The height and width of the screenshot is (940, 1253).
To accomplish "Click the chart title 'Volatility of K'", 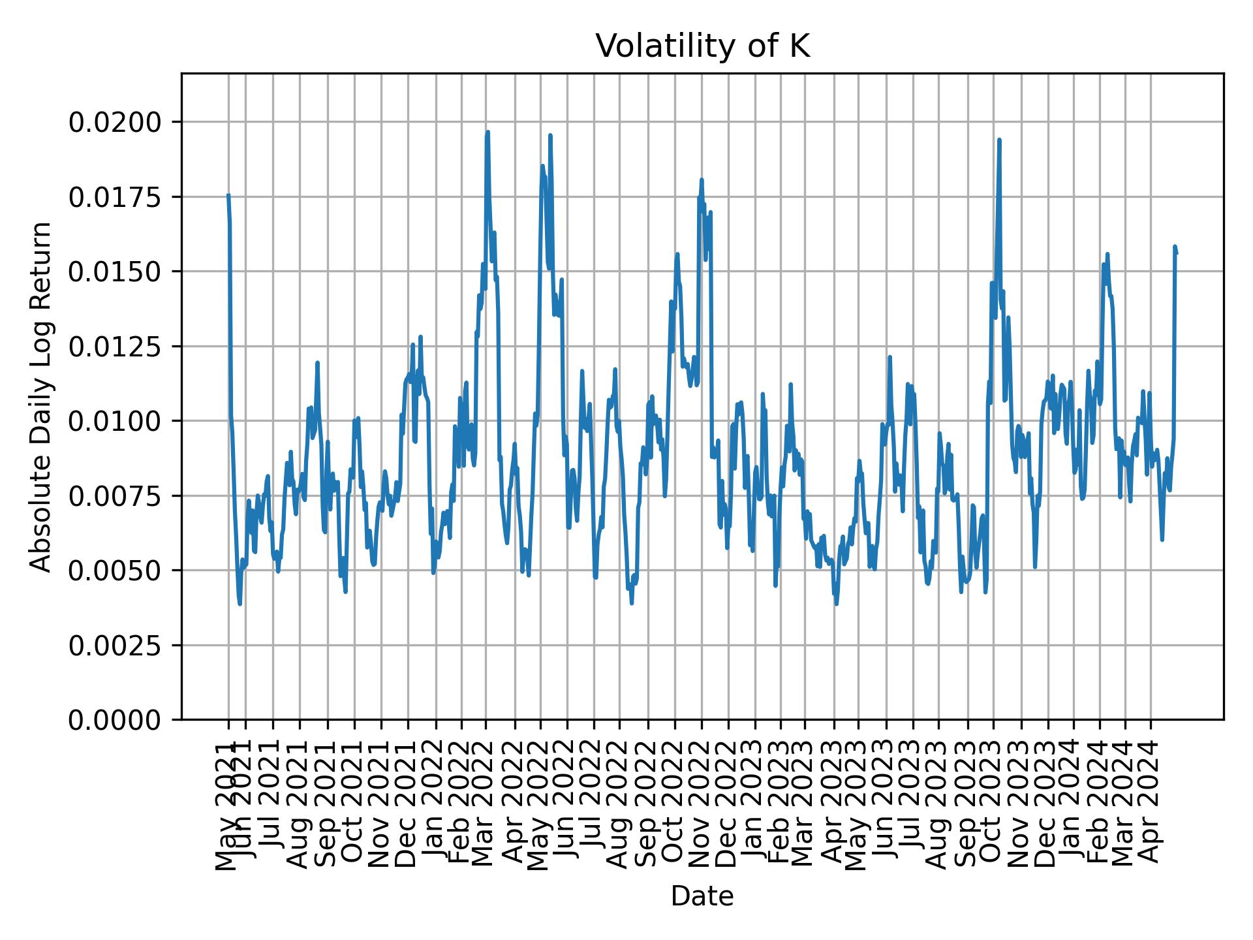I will coord(702,47).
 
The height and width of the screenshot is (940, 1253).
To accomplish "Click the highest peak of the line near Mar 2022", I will coord(487,132).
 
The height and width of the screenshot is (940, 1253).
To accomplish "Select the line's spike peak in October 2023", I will coord(999,140).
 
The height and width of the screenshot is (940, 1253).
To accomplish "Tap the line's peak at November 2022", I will coord(702,180).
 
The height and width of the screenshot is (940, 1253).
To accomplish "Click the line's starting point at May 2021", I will coord(228,195).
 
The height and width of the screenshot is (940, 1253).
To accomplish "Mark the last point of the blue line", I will coord(1176,253).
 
